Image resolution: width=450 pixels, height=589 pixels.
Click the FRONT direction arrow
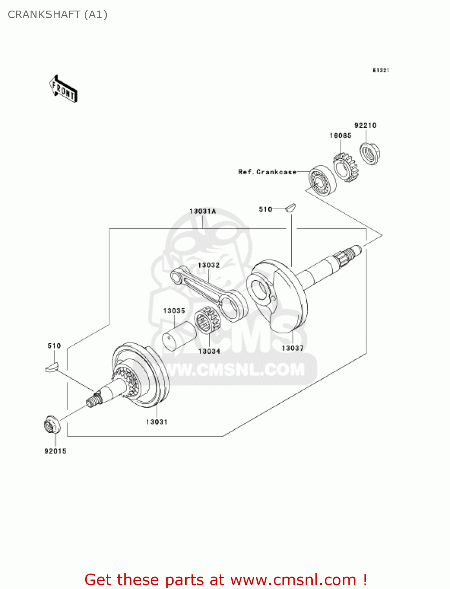63,89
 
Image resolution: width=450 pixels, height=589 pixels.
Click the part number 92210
365,125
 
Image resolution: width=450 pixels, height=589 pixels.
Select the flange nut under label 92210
369,154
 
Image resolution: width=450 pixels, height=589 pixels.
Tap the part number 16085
340,135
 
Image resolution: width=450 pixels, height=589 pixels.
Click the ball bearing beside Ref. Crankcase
322,181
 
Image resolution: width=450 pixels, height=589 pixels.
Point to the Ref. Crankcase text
267,172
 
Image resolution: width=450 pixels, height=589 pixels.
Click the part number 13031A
202,211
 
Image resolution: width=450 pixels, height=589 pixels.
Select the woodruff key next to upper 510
291,207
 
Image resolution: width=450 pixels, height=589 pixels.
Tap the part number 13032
209,265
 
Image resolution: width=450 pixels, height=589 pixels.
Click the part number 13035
174,311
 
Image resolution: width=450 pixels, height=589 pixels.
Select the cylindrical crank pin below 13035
179,336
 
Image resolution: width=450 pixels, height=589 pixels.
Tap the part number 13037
292,348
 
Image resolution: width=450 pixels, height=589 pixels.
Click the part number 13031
157,422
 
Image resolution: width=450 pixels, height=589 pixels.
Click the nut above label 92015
51,425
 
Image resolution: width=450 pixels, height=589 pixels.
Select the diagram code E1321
381,70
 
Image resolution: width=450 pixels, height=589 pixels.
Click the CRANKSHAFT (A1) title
58,15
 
